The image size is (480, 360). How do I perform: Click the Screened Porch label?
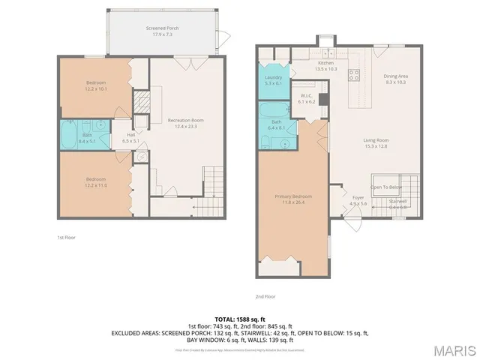[x=166, y=28]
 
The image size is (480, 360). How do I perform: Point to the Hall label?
[x=130, y=135]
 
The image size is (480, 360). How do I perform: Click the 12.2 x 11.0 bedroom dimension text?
[x=96, y=184]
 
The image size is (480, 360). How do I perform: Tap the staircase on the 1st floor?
[x=214, y=182]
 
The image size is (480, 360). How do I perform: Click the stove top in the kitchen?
[x=355, y=74]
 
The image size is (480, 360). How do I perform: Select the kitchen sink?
[x=328, y=55]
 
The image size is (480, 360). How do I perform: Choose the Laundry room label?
[x=274, y=77]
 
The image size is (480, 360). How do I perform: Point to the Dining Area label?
[x=395, y=76]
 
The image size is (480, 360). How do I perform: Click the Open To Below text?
[x=386, y=187]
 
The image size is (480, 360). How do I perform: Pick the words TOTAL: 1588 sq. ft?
[x=239, y=318]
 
